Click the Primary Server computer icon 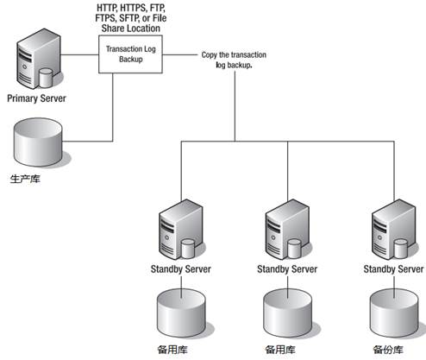point(39,59)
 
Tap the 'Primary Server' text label point(36,98)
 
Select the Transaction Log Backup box point(130,54)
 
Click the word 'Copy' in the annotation point(209,54)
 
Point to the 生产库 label point(25,179)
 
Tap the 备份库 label point(388,350)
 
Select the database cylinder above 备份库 point(394,313)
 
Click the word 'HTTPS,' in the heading point(133,8)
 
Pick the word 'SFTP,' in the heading point(129,18)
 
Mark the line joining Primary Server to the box point(79,54)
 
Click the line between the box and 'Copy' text point(180,54)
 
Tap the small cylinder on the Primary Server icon point(45,78)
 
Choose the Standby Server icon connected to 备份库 point(394,230)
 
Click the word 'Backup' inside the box point(131,60)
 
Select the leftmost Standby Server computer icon point(181,230)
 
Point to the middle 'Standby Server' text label point(287,269)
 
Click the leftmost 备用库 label point(172,350)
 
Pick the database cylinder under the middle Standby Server point(287,313)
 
